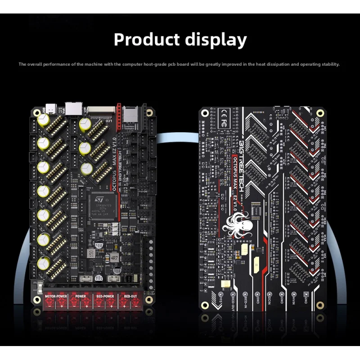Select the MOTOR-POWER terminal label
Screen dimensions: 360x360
click(x=56, y=297)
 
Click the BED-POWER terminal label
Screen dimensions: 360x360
click(x=105, y=297)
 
